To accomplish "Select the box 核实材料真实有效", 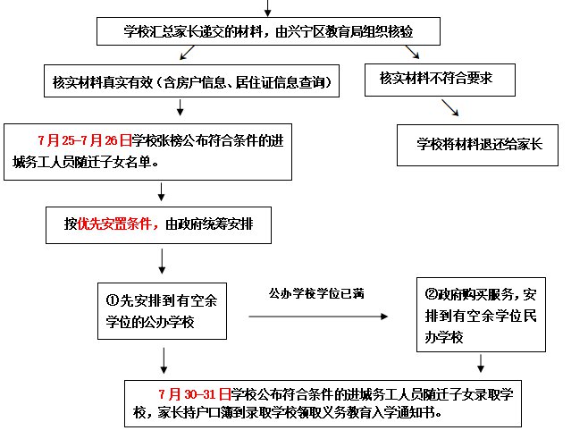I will (x=193, y=82).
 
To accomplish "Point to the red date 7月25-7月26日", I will (x=84, y=139).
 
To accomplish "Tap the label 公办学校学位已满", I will (x=317, y=292).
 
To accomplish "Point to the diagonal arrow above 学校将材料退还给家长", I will (x=450, y=108).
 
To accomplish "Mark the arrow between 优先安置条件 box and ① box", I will (x=162, y=261).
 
